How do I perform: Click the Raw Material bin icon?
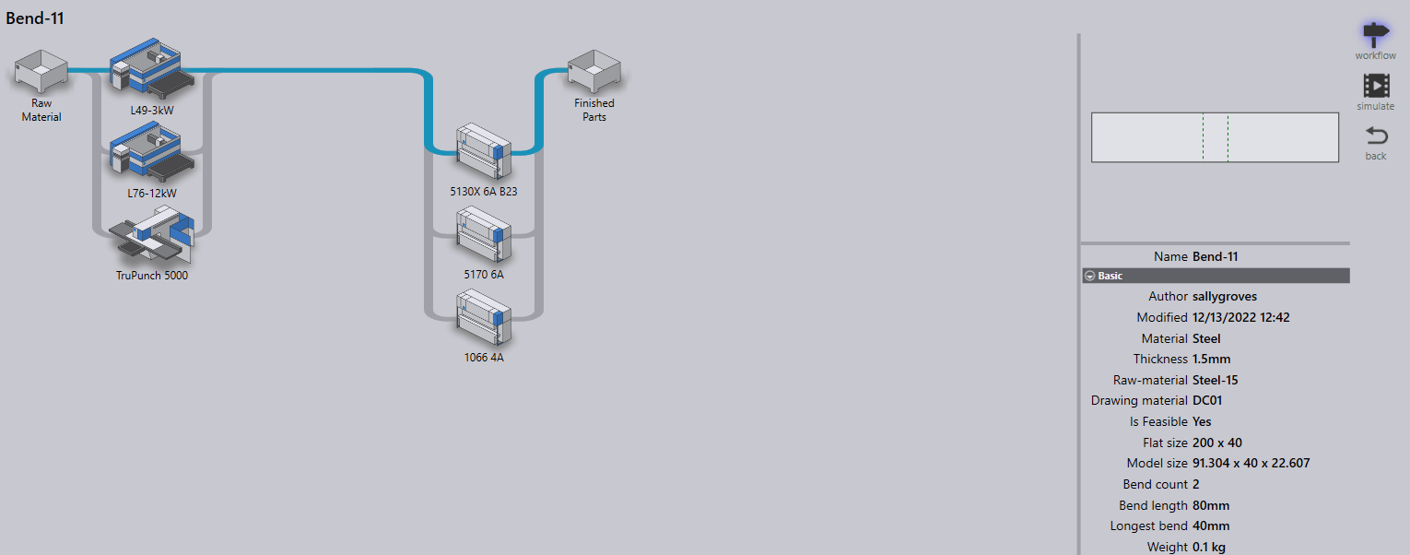[41, 72]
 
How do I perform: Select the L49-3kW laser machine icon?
[152, 68]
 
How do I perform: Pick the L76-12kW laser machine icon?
[152, 152]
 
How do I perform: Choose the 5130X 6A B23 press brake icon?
[484, 151]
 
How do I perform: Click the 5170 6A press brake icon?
[484, 234]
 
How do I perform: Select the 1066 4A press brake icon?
[484, 317]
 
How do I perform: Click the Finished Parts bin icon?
[593, 72]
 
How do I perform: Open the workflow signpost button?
[1375, 34]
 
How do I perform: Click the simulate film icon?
[1376, 86]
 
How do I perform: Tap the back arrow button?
[1376, 136]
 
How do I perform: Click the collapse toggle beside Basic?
[1089, 276]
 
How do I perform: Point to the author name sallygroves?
[1225, 296]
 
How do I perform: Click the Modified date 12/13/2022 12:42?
[1240, 317]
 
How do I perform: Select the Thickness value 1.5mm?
[1211, 359]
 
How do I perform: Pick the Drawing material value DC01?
[1206, 401]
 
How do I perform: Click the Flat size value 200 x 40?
[1216, 443]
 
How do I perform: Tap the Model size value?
[1251, 463]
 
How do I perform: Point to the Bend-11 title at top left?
[35, 18]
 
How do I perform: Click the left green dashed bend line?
[1203, 137]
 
